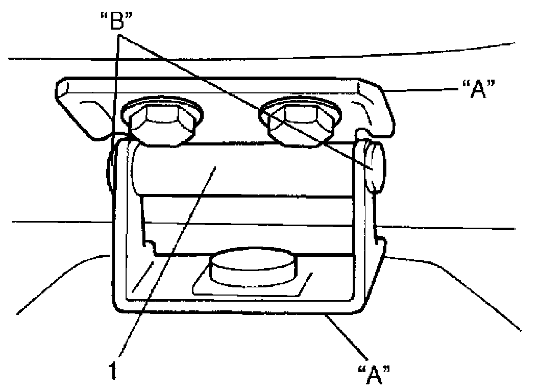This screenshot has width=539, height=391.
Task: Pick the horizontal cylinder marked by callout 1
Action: click(x=245, y=168)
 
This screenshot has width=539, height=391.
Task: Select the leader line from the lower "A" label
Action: click(x=347, y=337)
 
